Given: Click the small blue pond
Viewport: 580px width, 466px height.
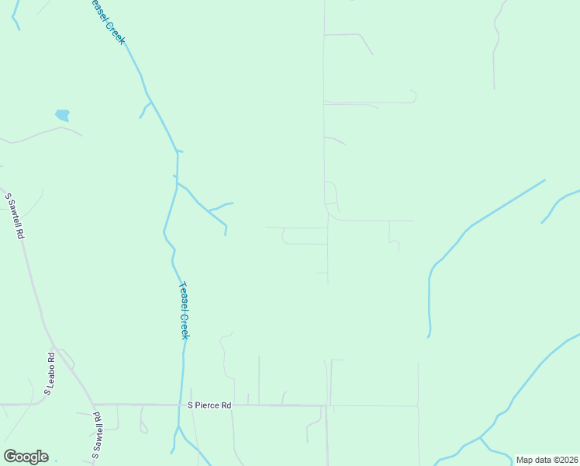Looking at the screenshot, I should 63,115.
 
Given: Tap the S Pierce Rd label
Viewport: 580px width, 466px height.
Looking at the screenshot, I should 209,405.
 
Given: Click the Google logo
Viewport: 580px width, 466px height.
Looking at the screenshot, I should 26,457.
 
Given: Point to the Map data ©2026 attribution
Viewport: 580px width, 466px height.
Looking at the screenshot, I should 547,460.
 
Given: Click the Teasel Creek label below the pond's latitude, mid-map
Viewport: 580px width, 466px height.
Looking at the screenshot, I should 184,310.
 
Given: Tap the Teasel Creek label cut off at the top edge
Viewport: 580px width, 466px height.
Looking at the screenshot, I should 106,21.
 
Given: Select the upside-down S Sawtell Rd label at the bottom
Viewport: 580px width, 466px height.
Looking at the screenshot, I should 98,436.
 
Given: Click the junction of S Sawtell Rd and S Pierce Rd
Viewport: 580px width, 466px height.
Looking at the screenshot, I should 93,405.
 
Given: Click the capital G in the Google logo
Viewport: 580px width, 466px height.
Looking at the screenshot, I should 10,457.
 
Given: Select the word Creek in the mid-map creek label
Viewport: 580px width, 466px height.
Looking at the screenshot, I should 185,325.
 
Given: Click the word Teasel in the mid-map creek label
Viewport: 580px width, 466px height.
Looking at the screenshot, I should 182,296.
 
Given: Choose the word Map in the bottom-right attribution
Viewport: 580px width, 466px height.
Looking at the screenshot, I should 525,460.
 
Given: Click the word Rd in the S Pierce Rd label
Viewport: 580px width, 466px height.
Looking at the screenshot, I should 226,405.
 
